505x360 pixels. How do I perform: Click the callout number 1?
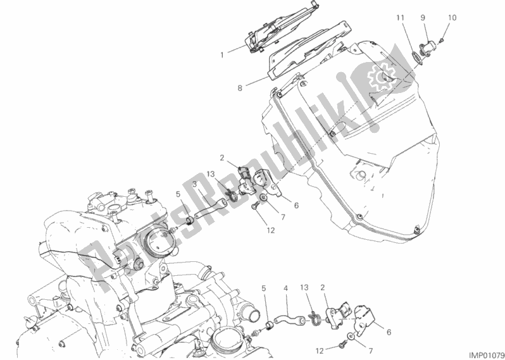(x=222, y=55)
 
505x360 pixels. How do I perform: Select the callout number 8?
(x=240, y=88)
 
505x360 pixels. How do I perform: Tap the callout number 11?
(x=400, y=18)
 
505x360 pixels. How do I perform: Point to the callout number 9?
(x=423, y=18)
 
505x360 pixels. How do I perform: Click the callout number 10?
(x=452, y=18)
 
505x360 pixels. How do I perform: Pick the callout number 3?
(x=195, y=184)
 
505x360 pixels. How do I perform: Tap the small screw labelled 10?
(x=442, y=40)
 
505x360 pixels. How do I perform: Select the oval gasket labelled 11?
(x=418, y=58)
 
